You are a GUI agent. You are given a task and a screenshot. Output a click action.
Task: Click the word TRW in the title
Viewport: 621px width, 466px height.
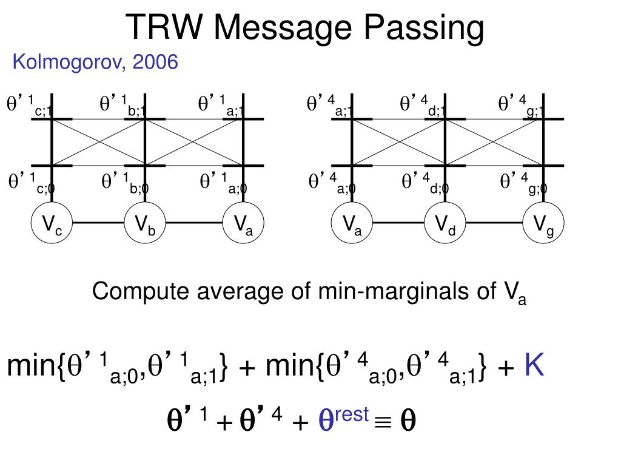[164, 27]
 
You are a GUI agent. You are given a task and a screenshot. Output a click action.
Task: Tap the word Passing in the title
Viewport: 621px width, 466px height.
[424, 29]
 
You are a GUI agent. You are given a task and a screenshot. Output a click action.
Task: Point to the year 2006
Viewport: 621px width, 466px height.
[155, 62]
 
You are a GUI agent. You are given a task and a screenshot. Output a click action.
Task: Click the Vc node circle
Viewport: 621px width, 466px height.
[52, 223]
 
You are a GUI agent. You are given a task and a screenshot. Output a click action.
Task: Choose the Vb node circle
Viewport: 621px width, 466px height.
[145, 223]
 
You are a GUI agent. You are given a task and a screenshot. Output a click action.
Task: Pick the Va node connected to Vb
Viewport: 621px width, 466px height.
[243, 223]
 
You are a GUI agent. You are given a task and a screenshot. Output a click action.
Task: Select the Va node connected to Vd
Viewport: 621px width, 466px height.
[352, 223]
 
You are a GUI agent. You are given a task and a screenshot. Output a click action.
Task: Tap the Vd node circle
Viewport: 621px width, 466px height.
[445, 223]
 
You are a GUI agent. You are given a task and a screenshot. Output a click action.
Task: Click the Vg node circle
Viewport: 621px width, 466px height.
[543, 223]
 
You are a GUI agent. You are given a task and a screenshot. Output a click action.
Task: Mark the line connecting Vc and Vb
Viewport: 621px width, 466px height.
[99, 223]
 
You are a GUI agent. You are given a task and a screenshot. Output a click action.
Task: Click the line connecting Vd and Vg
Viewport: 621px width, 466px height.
[494, 223]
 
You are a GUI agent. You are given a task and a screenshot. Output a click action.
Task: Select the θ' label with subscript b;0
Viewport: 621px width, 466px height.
[124, 183]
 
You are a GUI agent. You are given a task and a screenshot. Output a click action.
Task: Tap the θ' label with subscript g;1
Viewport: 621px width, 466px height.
[521, 106]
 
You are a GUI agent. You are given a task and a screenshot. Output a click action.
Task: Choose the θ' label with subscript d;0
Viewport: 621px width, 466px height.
[425, 183]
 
